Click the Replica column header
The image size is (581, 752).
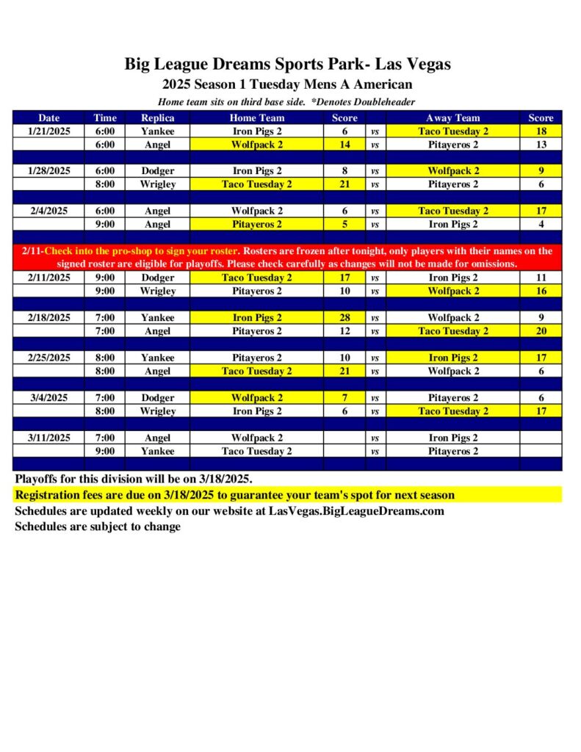click(157, 117)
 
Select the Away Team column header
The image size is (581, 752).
click(452, 117)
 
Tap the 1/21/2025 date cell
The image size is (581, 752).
click(49, 131)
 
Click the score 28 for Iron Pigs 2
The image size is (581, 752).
click(344, 318)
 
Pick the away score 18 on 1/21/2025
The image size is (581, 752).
click(541, 131)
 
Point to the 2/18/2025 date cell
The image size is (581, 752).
click(49, 318)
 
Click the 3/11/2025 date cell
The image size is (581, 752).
click(49, 438)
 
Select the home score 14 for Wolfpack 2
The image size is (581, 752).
click(344, 145)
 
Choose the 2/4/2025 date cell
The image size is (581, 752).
click(49, 211)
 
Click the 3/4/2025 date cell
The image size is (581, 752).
click(49, 397)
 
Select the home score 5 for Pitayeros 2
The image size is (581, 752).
click(344, 224)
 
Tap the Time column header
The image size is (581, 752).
click(105, 117)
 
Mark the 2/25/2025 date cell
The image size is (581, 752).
click(49, 358)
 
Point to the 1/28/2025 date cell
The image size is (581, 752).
click(49, 170)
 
